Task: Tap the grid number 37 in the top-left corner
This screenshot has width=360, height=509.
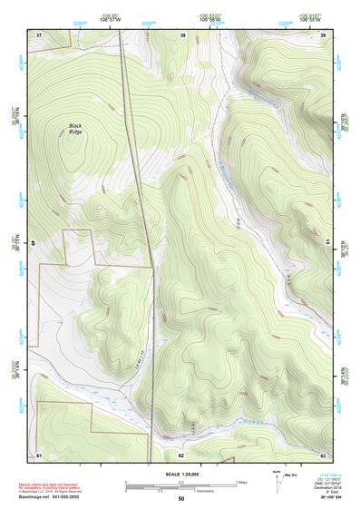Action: [39, 34]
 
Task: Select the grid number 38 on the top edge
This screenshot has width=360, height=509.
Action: [182, 35]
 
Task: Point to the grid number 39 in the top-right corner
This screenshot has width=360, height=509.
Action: [323, 34]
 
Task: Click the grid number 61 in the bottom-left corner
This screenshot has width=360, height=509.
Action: [39, 454]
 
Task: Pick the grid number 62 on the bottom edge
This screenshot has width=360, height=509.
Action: [181, 454]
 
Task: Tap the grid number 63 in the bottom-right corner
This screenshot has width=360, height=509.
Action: [323, 454]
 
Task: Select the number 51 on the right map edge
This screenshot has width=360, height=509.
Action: [326, 242]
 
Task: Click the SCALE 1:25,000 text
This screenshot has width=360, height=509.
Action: [181, 475]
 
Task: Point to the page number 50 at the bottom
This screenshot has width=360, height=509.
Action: [181, 499]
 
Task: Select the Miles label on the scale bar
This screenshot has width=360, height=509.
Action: [242, 482]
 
